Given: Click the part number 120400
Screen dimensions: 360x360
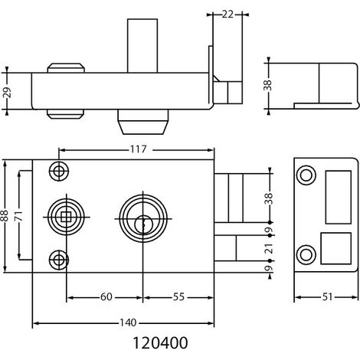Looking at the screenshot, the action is [x=160, y=343].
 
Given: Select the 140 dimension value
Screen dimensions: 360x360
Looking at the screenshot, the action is [x=128, y=323].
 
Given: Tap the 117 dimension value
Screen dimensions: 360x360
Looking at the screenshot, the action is [x=139, y=149].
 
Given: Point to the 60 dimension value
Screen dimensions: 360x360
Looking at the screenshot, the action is [x=106, y=297].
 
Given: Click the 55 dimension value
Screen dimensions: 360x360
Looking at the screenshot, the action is [x=178, y=297].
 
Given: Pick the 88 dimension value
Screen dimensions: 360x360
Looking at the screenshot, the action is [x=5, y=216].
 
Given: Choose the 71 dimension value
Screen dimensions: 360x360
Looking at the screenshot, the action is [x=19, y=216].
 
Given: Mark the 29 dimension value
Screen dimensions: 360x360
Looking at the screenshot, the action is [x=8, y=93].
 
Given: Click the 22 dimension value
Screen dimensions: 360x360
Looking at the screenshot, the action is [x=227, y=15].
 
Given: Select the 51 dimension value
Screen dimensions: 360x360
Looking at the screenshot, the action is [x=327, y=297].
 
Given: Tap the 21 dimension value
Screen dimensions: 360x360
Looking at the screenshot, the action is [x=269, y=248].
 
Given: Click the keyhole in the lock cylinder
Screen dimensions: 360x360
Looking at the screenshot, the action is [x=143, y=224].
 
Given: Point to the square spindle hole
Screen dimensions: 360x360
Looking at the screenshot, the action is [x=66, y=217].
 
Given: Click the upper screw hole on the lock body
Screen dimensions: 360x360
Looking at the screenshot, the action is [x=59, y=172].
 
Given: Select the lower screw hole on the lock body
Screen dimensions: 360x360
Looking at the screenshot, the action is [x=59, y=260].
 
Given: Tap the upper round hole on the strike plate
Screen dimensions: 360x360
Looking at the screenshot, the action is [x=306, y=175].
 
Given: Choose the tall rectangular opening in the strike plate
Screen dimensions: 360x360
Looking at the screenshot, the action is [x=339, y=197].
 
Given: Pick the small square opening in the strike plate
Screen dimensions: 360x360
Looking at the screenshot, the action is [x=335, y=248].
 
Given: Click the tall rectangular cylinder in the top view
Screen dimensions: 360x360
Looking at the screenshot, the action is [x=142, y=46].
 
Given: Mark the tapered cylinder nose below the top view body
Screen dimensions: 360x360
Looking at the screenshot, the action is [x=143, y=122].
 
